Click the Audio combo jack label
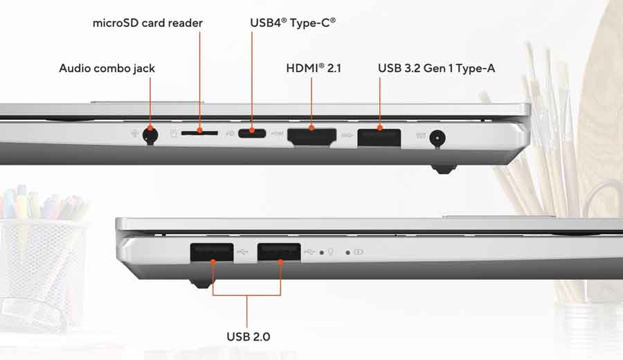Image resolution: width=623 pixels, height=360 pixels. (107, 68)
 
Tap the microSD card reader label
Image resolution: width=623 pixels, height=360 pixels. (147, 23)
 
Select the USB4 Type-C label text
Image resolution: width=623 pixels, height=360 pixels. (292, 23)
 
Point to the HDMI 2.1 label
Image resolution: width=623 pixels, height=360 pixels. (313, 68)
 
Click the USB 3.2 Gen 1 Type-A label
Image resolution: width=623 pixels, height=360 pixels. (436, 68)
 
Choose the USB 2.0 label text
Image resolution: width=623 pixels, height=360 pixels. (248, 336)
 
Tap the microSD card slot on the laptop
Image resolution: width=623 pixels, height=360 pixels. (201, 129)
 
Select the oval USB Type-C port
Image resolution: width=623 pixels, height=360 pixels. (251, 132)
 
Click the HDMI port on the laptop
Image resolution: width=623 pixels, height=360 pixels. (311, 135)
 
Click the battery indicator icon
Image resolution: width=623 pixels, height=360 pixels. (358, 252)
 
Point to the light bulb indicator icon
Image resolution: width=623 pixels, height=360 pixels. (332, 252)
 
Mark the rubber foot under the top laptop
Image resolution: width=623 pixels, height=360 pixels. (444, 168)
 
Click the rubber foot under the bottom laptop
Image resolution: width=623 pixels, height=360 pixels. (201, 282)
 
